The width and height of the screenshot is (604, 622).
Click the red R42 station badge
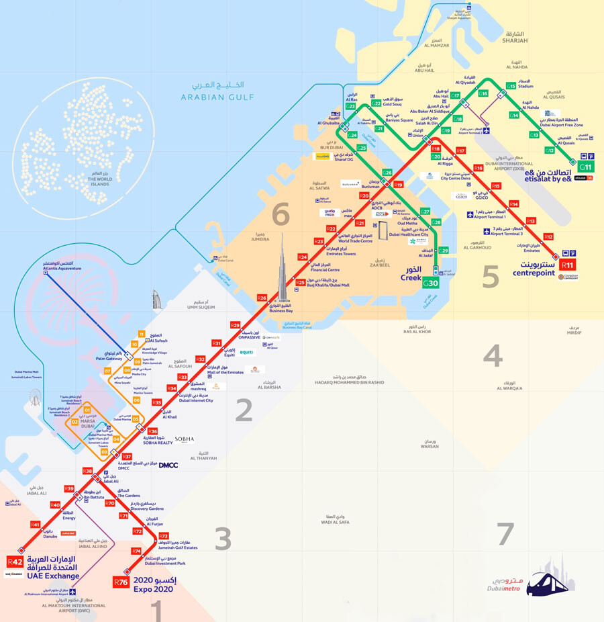tap(15, 562)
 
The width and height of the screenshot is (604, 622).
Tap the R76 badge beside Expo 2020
tap(121, 582)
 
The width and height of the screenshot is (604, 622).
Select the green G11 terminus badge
tap(586, 167)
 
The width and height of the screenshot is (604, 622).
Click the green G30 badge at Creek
tap(430, 284)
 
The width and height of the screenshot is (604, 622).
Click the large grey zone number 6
tap(280, 215)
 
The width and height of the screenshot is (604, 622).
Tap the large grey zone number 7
tap(505, 533)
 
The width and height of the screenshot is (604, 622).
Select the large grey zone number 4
tap(493, 355)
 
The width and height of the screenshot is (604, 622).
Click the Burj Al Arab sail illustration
tap(156, 300)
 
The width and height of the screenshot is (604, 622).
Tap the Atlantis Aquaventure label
tap(62, 268)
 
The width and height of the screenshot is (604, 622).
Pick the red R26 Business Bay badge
tap(262, 298)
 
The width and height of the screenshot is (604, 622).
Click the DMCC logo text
tap(168, 465)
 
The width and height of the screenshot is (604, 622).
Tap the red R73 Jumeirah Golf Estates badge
tap(164, 535)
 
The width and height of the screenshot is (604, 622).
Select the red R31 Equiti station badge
tap(216, 343)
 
